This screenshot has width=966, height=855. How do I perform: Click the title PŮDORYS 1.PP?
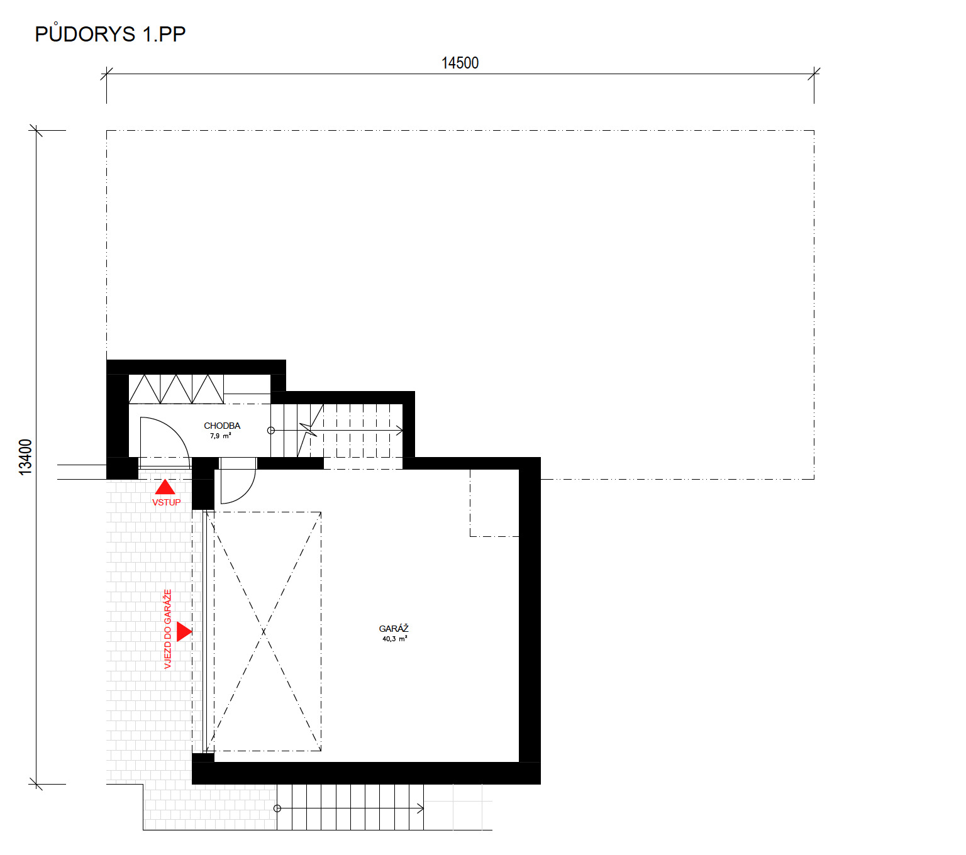click(109, 33)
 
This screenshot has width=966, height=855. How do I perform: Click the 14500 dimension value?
click(459, 63)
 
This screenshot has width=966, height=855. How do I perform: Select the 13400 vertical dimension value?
click(25, 456)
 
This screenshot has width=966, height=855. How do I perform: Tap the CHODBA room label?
click(222, 425)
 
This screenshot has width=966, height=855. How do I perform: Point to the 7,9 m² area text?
click(220, 436)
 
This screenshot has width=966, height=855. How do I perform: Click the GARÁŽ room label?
click(393, 629)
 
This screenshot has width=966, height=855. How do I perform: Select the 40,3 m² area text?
click(394, 639)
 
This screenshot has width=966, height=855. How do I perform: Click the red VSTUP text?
click(166, 502)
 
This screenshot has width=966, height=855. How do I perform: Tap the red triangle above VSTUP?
click(165, 487)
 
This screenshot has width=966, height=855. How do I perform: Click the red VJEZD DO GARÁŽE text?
click(167, 629)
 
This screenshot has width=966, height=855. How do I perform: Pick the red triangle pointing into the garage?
click(184, 631)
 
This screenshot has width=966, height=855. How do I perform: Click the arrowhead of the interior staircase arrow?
click(399, 431)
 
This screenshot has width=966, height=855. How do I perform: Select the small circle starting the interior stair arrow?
click(271, 431)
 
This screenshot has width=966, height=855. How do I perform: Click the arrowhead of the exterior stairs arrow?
click(420, 808)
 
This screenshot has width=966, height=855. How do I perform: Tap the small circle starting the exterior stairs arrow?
click(277, 808)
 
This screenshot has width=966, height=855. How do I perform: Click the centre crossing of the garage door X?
click(263, 631)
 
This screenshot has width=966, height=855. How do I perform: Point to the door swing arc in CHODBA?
click(175, 428)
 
